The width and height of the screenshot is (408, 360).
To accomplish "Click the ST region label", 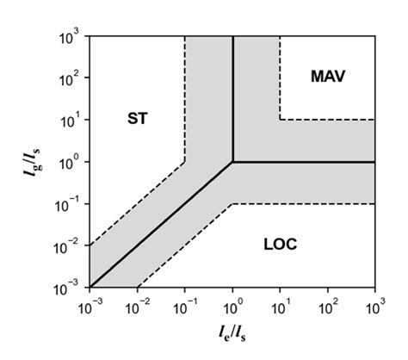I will (x=137, y=119).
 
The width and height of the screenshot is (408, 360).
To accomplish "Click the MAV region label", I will (x=327, y=77).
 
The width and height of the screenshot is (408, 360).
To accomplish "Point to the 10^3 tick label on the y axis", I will (x=69, y=37).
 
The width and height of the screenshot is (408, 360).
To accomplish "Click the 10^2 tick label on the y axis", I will (x=69, y=78).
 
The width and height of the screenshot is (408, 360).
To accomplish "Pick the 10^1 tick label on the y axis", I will (x=69, y=120).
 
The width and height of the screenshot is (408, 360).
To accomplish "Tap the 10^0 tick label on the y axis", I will (x=69, y=162).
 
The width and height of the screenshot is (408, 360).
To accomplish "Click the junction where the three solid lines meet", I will (x=232, y=162).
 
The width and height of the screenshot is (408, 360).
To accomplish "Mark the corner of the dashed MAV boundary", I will (x=280, y=120).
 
